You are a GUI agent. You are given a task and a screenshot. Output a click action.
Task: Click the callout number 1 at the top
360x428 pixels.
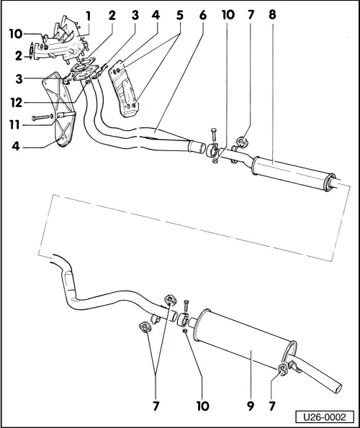[88, 15]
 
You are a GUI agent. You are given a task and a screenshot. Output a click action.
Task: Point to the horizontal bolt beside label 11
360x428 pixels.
[44, 117]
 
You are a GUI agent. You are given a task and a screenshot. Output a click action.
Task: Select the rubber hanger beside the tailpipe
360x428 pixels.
[282, 370]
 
